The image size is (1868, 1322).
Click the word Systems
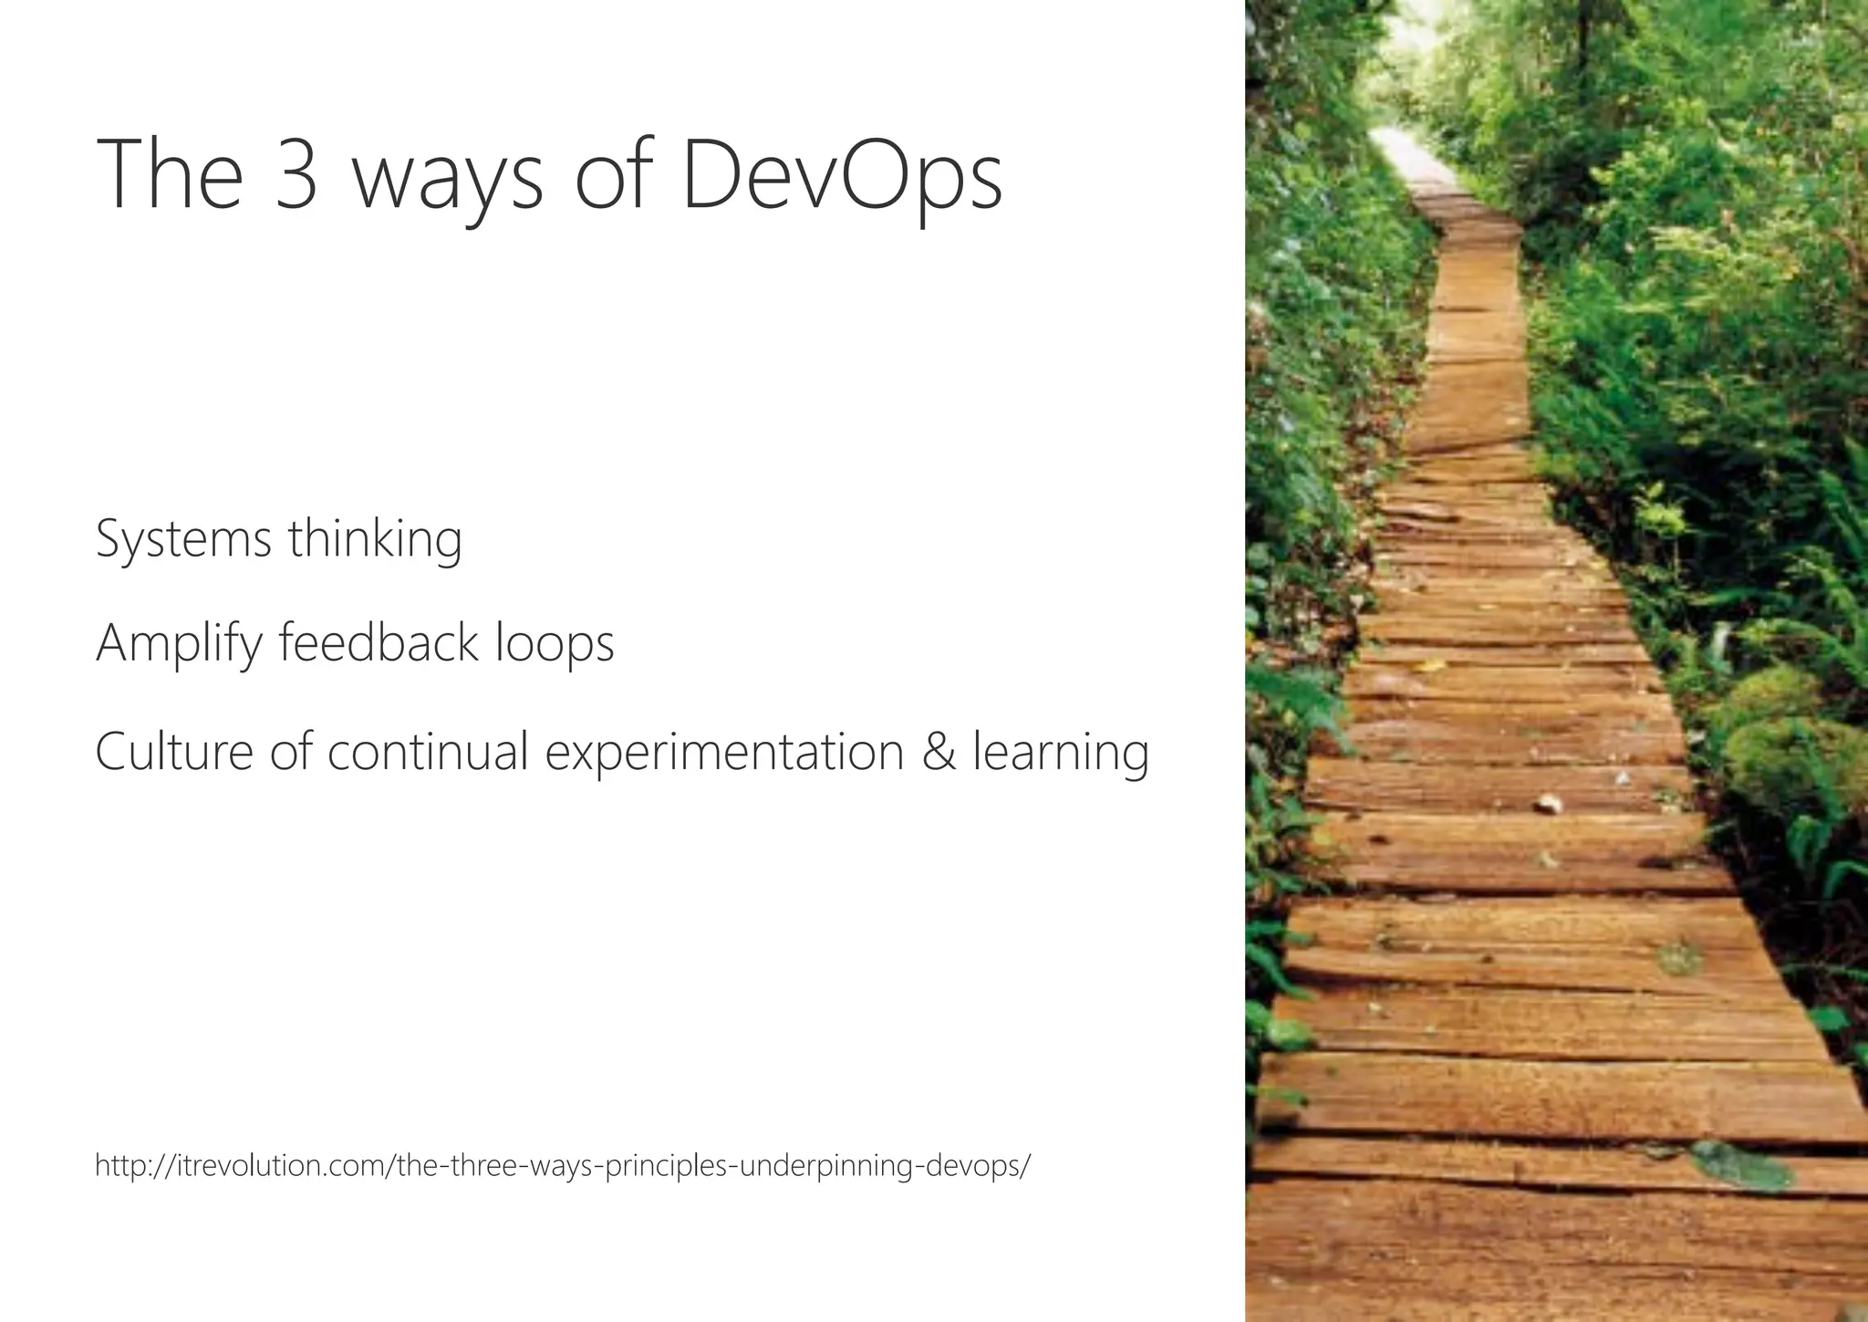coord(183,539)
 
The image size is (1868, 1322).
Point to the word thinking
coord(375,539)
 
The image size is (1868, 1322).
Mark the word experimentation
coord(724,754)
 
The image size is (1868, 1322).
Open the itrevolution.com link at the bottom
coord(563,1166)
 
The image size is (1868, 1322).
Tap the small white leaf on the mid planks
coord(1548,804)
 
